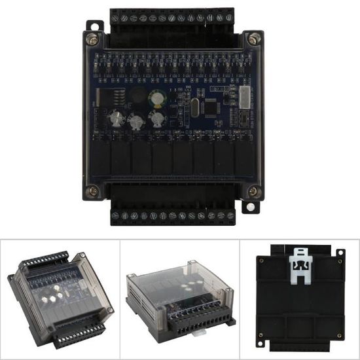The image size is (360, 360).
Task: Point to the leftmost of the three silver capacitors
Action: [115, 118]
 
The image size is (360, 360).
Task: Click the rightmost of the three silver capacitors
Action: [158, 119]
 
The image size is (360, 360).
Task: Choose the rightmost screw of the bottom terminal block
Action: [230, 215]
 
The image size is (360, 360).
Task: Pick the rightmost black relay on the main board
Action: [243, 157]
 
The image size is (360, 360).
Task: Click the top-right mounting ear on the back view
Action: [340, 252]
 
